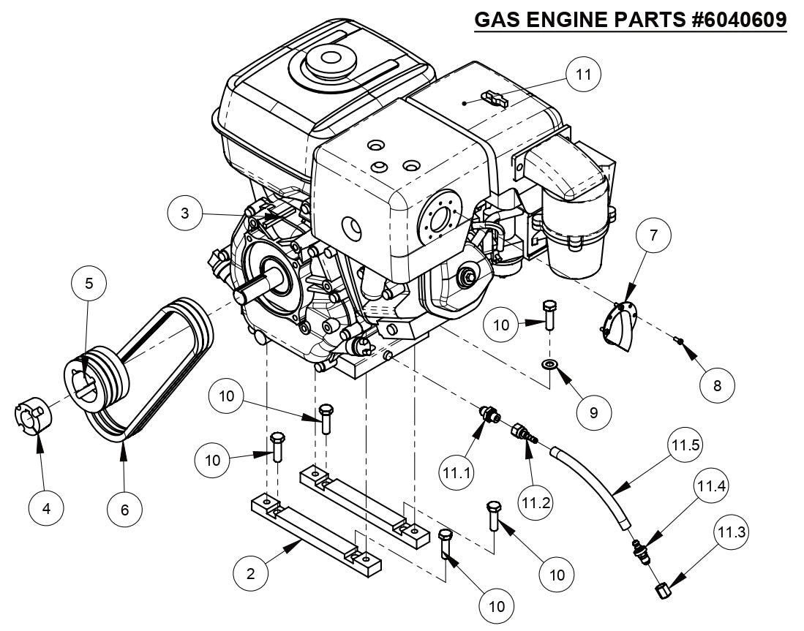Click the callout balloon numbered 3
(186, 214)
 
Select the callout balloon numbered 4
(47, 508)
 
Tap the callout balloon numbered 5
(89, 284)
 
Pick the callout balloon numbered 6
(124, 508)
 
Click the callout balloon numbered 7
(653, 236)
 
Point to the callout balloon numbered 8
(716, 385)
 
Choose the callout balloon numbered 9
(593, 412)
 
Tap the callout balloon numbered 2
(251, 573)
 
